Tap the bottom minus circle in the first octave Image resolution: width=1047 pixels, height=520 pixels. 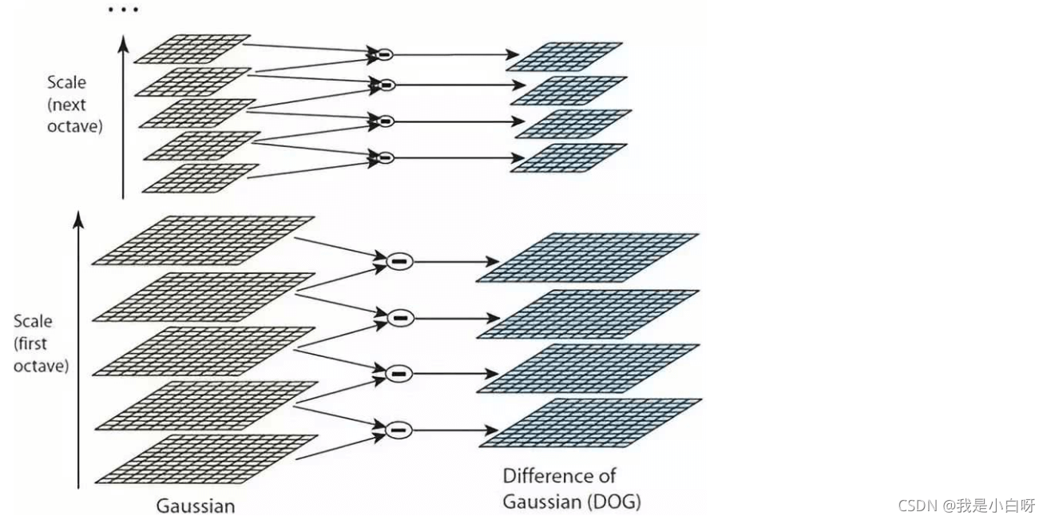(x=399, y=430)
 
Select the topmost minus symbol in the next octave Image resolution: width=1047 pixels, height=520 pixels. (x=384, y=54)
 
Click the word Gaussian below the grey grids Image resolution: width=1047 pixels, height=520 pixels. (x=196, y=506)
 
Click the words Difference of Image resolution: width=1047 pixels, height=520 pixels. (x=559, y=477)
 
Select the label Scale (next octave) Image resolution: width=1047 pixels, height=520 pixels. (x=75, y=104)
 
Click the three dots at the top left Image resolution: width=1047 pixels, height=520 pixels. (x=124, y=10)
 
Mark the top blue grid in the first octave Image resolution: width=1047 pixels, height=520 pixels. (x=588, y=257)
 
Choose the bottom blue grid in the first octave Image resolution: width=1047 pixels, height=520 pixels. (x=590, y=423)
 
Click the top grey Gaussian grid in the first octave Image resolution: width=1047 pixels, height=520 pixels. (x=204, y=240)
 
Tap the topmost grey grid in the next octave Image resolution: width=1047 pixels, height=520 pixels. (x=192, y=48)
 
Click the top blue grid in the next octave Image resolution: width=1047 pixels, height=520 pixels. (x=564, y=57)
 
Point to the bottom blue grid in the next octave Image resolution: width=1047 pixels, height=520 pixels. (x=568, y=157)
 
